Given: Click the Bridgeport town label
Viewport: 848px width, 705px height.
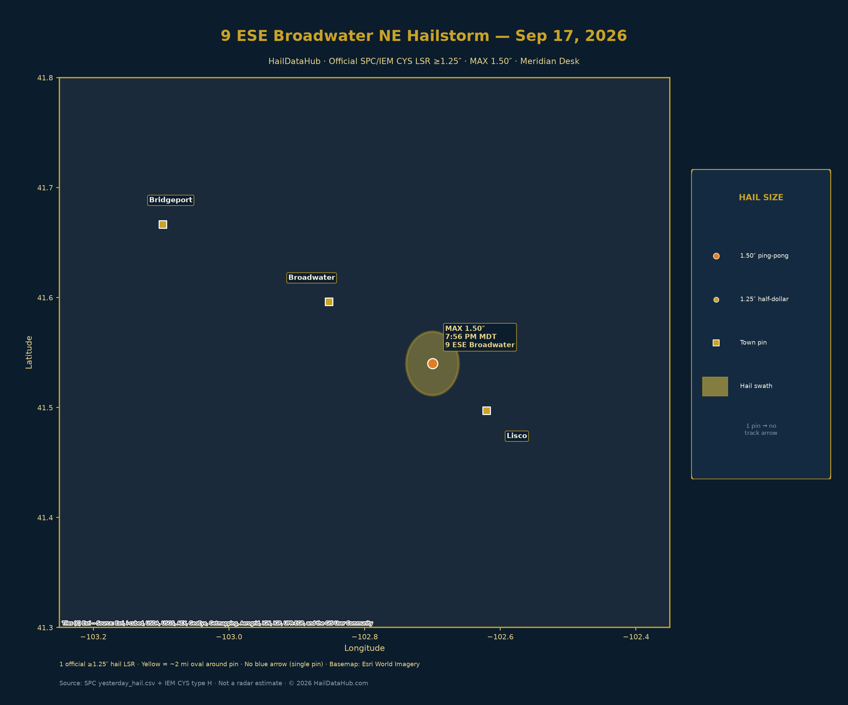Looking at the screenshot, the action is click(170, 200).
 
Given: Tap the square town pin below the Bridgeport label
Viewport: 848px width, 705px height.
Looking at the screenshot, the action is click(163, 224).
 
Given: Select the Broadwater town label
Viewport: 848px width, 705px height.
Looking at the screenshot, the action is click(311, 278).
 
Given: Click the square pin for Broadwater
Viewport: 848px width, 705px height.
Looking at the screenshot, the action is click(329, 302).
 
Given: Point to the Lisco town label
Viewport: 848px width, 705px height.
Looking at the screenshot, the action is click(517, 436).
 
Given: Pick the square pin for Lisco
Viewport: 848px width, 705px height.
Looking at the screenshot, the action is click(486, 411).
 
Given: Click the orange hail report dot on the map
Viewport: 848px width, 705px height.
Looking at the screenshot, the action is click(433, 363).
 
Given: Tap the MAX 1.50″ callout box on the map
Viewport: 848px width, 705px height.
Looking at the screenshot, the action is click(480, 337).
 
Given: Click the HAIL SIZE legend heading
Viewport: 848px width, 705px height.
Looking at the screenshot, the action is click(761, 198).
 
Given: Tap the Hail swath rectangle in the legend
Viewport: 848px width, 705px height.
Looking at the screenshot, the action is click(715, 387).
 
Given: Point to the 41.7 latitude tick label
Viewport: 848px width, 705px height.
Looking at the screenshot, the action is click(45, 188).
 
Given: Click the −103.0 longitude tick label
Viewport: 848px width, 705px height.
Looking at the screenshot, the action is click(229, 637).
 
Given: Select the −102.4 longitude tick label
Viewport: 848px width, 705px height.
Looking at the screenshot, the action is click(636, 637).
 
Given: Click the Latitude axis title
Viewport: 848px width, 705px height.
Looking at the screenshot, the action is click(29, 352).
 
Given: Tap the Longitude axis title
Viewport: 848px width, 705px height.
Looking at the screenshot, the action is click(364, 648).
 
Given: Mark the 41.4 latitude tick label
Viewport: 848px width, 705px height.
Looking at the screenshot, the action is click(45, 517).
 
